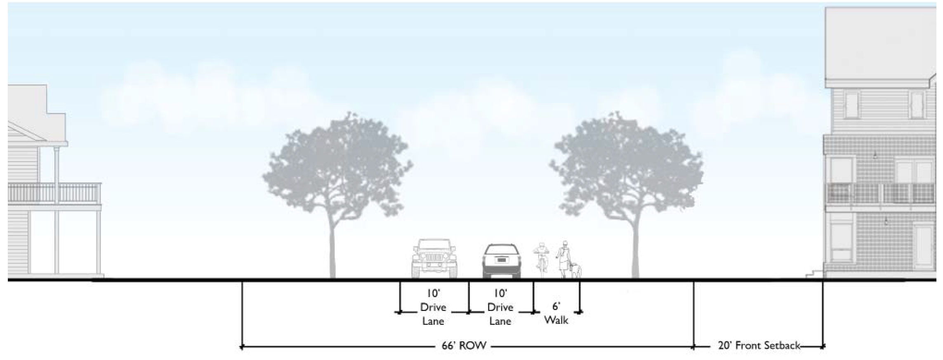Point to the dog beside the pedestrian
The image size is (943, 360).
tap(575, 270)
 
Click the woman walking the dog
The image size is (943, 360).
tap(563, 258)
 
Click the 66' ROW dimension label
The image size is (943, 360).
tap(464, 346)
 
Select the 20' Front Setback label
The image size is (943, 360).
tap(759, 346)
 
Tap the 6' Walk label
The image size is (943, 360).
tap(556, 313)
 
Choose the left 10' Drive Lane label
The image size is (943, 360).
tap(433, 307)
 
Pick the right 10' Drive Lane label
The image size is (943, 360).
tap(500, 307)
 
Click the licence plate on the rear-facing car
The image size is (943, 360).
tap(501, 260)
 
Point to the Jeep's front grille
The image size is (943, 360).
tap(434, 257)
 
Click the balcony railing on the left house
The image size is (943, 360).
tap(54, 193)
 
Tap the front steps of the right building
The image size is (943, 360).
tap(815, 273)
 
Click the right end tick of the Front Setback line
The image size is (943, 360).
tap(823, 346)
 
